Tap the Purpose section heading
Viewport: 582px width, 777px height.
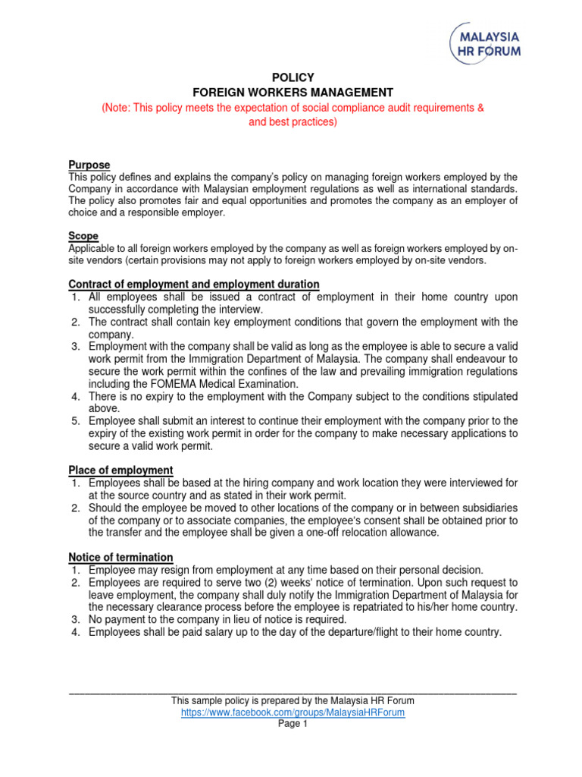click(89, 165)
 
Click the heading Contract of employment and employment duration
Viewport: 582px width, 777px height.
click(194, 284)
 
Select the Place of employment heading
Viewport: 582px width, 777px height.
click(120, 470)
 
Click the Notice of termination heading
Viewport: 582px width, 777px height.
click(120, 557)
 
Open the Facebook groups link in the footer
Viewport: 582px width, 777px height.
click(293, 713)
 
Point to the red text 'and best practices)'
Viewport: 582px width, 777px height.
click(293, 121)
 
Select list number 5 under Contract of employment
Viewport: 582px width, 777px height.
click(76, 420)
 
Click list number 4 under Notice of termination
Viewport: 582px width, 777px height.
click(76, 632)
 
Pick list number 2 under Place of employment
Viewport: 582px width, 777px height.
click(76, 507)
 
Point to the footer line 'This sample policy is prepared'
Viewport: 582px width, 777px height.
click(293, 700)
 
